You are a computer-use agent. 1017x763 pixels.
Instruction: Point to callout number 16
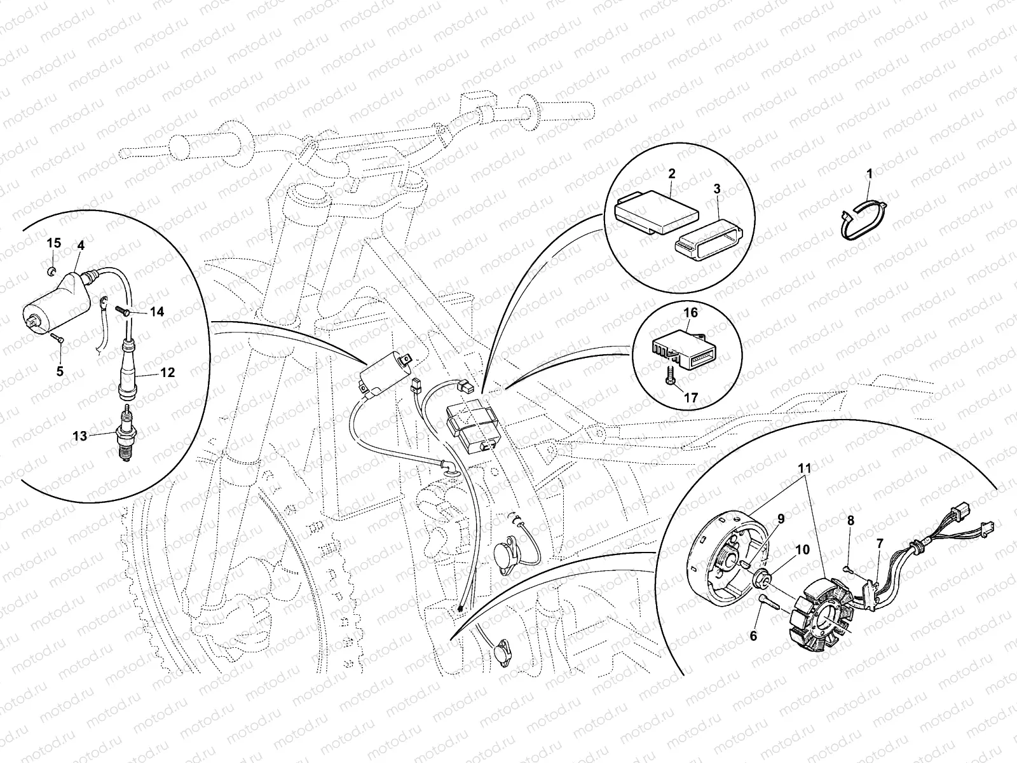690,313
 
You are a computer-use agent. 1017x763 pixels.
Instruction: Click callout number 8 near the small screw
850,520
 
